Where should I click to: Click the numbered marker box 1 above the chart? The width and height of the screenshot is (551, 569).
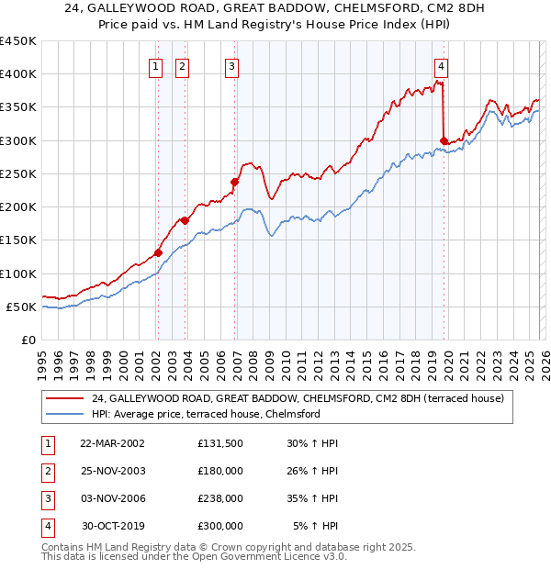coord(156,66)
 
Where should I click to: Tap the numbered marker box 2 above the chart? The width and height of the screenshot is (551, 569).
coord(183,66)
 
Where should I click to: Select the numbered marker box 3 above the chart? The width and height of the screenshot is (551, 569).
coord(231,66)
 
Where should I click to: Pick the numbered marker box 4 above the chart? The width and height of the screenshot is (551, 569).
coord(442,66)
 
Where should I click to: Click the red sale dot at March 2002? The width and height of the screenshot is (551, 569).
coord(158,252)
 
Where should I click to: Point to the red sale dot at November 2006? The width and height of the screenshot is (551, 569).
coord(234,182)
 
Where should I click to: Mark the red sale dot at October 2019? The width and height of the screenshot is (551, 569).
coord(444,140)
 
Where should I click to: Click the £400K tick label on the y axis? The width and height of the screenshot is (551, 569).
coord(18,74)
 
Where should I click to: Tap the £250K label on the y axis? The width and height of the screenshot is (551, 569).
coord(18,173)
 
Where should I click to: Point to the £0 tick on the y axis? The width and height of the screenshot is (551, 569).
coord(28,340)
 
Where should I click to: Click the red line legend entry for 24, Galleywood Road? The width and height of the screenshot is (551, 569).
coord(298,398)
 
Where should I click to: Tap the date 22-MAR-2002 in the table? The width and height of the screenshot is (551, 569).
coord(112,443)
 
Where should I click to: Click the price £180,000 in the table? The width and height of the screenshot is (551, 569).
coord(220,471)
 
